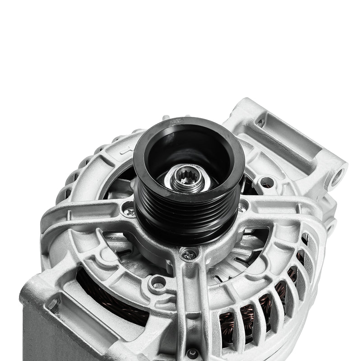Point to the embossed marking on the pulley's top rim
[174, 121]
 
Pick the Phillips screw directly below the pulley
[188, 255]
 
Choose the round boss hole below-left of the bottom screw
[158, 283]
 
